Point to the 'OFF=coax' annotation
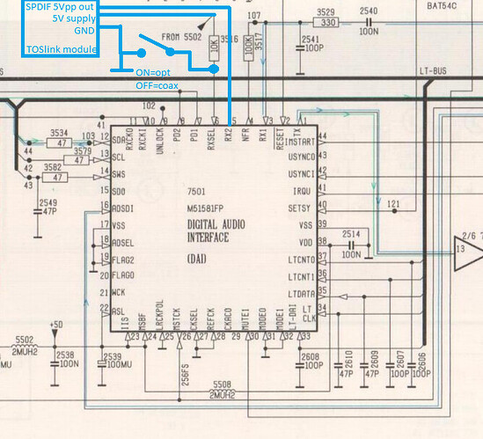pos(163,84)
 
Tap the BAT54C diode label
pos(459,6)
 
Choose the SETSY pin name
pos(299,207)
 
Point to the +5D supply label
pos(58,323)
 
